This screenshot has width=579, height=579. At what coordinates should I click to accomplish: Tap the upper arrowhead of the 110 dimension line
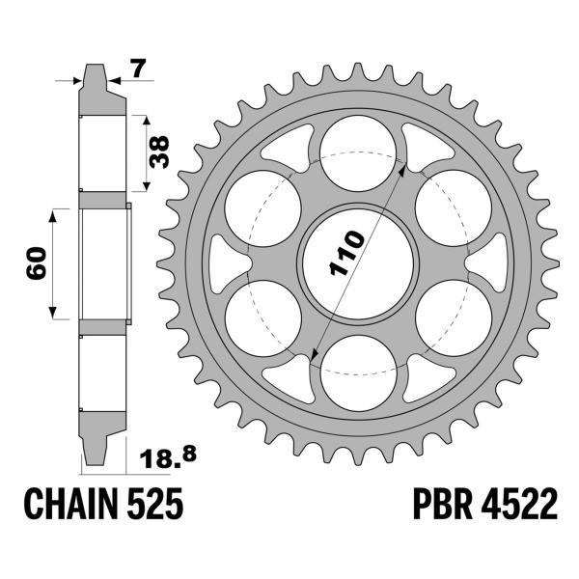(402, 167)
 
